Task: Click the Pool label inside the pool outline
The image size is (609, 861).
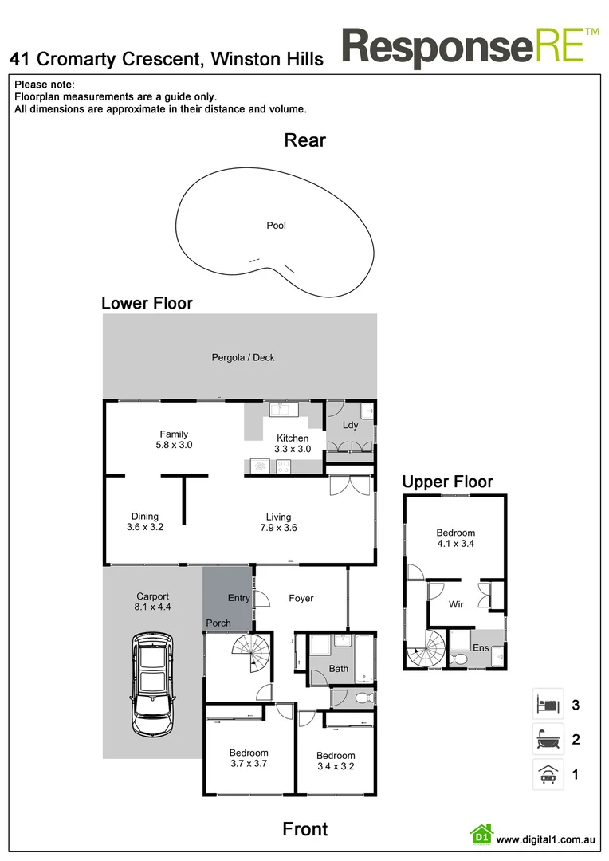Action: tap(276, 226)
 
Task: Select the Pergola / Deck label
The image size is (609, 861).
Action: tap(243, 358)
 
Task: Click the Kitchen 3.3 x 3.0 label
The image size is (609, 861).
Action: tap(293, 444)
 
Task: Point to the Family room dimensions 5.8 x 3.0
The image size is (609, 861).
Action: tap(174, 446)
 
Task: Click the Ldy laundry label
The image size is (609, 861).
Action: tap(351, 426)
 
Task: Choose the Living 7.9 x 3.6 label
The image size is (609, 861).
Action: tap(279, 522)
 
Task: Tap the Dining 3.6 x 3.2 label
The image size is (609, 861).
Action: tap(145, 522)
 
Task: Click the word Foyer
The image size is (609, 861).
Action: tap(301, 598)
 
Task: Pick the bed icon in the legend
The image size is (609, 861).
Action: tap(548, 705)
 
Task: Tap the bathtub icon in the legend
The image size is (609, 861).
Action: tap(548, 739)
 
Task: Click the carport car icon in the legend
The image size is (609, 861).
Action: tap(548, 774)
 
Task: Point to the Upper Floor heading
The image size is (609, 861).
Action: tap(447, 482)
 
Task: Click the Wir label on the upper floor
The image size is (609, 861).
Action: tap(456, 605)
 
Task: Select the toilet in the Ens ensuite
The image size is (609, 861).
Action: tap(458, 659)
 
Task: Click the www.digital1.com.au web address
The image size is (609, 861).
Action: tap(546, 839)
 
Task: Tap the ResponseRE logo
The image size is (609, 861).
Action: tap(470, 47)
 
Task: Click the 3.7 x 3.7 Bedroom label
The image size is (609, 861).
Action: tap(249, 758)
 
